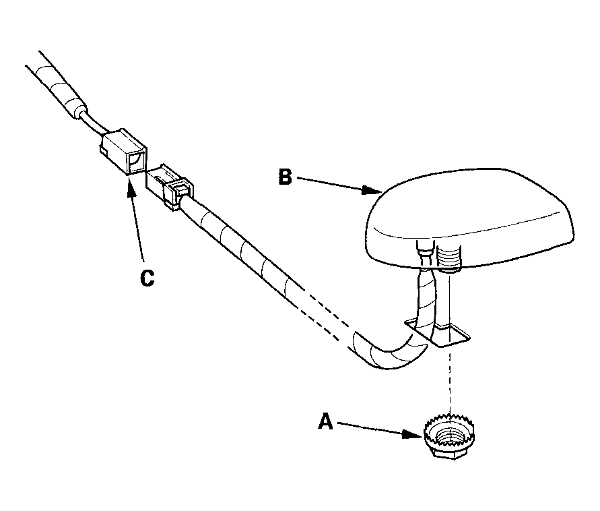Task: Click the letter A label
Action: pyautogui.click(x=326, y=421)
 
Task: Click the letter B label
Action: pyautogui.click(x=285, y=177)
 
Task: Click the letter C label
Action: pyautogui.click(x=147, y=278)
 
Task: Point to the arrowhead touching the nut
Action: pyautogui.click(x=415, y=434)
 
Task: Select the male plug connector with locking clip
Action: pyautogui.click(x=170, y=186)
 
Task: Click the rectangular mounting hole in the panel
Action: pyautogui.click(x=438, y=332)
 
